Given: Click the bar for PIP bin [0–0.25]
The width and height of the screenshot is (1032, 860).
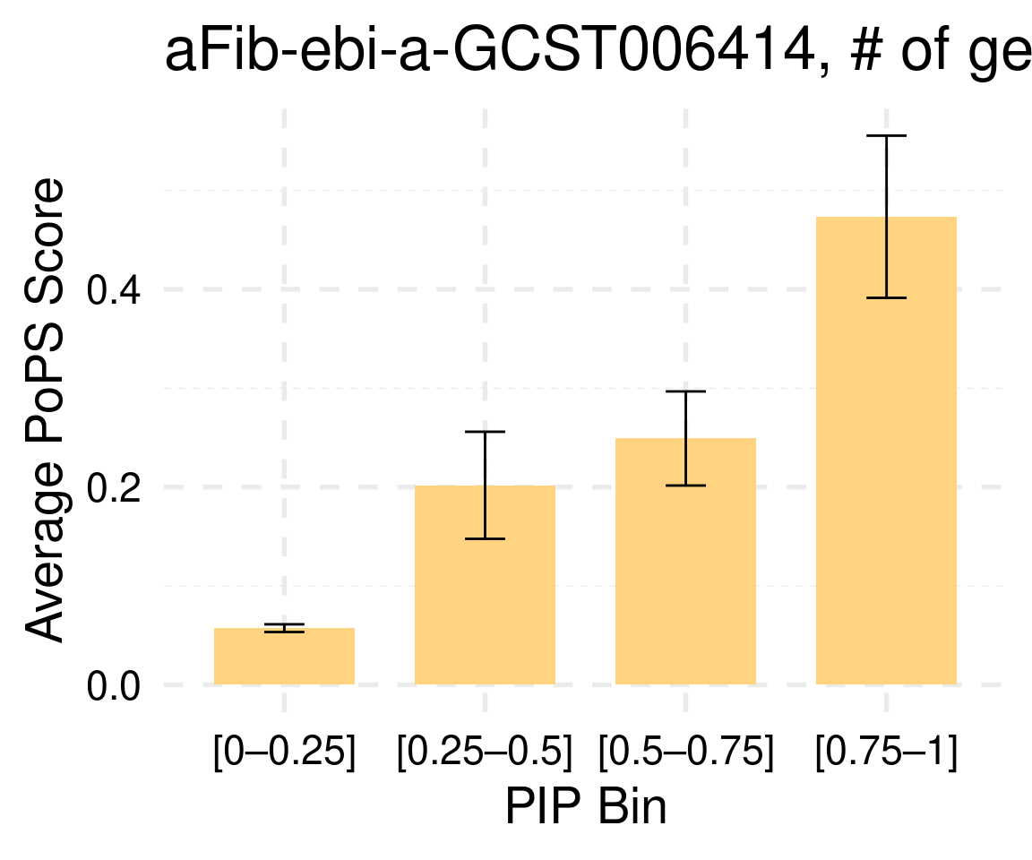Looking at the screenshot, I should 284,658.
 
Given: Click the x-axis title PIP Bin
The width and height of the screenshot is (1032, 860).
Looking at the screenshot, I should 585,808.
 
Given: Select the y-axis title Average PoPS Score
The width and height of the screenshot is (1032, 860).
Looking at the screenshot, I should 45,410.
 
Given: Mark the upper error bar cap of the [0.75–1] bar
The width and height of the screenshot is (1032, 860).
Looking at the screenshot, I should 886,135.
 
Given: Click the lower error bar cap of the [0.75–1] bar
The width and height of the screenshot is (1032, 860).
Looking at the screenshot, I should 886,297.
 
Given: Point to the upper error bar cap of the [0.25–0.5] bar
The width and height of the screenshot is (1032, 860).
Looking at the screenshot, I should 485,432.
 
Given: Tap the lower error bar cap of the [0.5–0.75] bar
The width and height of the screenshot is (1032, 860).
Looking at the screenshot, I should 685,485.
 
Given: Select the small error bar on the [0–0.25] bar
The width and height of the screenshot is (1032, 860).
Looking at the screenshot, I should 284,628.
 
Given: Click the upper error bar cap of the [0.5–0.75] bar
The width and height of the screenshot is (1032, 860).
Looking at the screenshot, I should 685,391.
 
